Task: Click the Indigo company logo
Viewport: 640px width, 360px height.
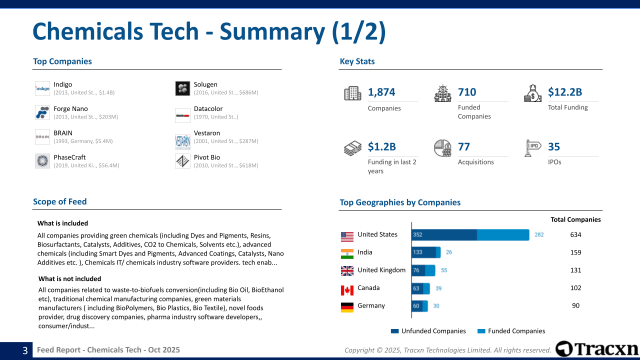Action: click(x=42, y=88)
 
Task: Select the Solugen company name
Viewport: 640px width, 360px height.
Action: click(x=205, y=84)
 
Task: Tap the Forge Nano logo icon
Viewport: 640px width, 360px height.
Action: click(x=42, y=112)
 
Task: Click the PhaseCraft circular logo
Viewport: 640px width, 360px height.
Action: click(x=42, y=161)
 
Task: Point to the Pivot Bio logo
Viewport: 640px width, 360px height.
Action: click(x=182, y=161)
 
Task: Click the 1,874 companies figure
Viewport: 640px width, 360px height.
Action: click(x=381, y=92)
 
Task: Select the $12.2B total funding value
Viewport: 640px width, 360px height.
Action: click(x=565, y=92)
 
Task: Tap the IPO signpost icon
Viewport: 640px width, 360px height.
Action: click(x=533, y=148)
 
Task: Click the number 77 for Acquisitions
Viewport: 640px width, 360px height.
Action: click(x=464, y=146)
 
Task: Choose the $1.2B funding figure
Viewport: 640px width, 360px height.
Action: click(x=382, y=146)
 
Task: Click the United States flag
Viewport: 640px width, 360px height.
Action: click(x=347, y=235)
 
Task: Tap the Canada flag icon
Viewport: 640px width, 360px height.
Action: click(x=347, y=289)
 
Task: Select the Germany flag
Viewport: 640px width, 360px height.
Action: click(x=347, y=307)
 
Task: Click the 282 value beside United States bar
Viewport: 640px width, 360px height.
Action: click(x=539, y=234)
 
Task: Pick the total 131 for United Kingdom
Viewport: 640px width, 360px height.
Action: click(x=575, y=270)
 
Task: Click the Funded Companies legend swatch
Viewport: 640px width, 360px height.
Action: click(x=481, y=331)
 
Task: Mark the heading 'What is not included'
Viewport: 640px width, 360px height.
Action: click(x=69, y=279)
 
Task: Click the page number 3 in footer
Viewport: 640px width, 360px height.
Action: click(x=25, y=351)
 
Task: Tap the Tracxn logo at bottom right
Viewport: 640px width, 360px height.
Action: click(x=597, y=349)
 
